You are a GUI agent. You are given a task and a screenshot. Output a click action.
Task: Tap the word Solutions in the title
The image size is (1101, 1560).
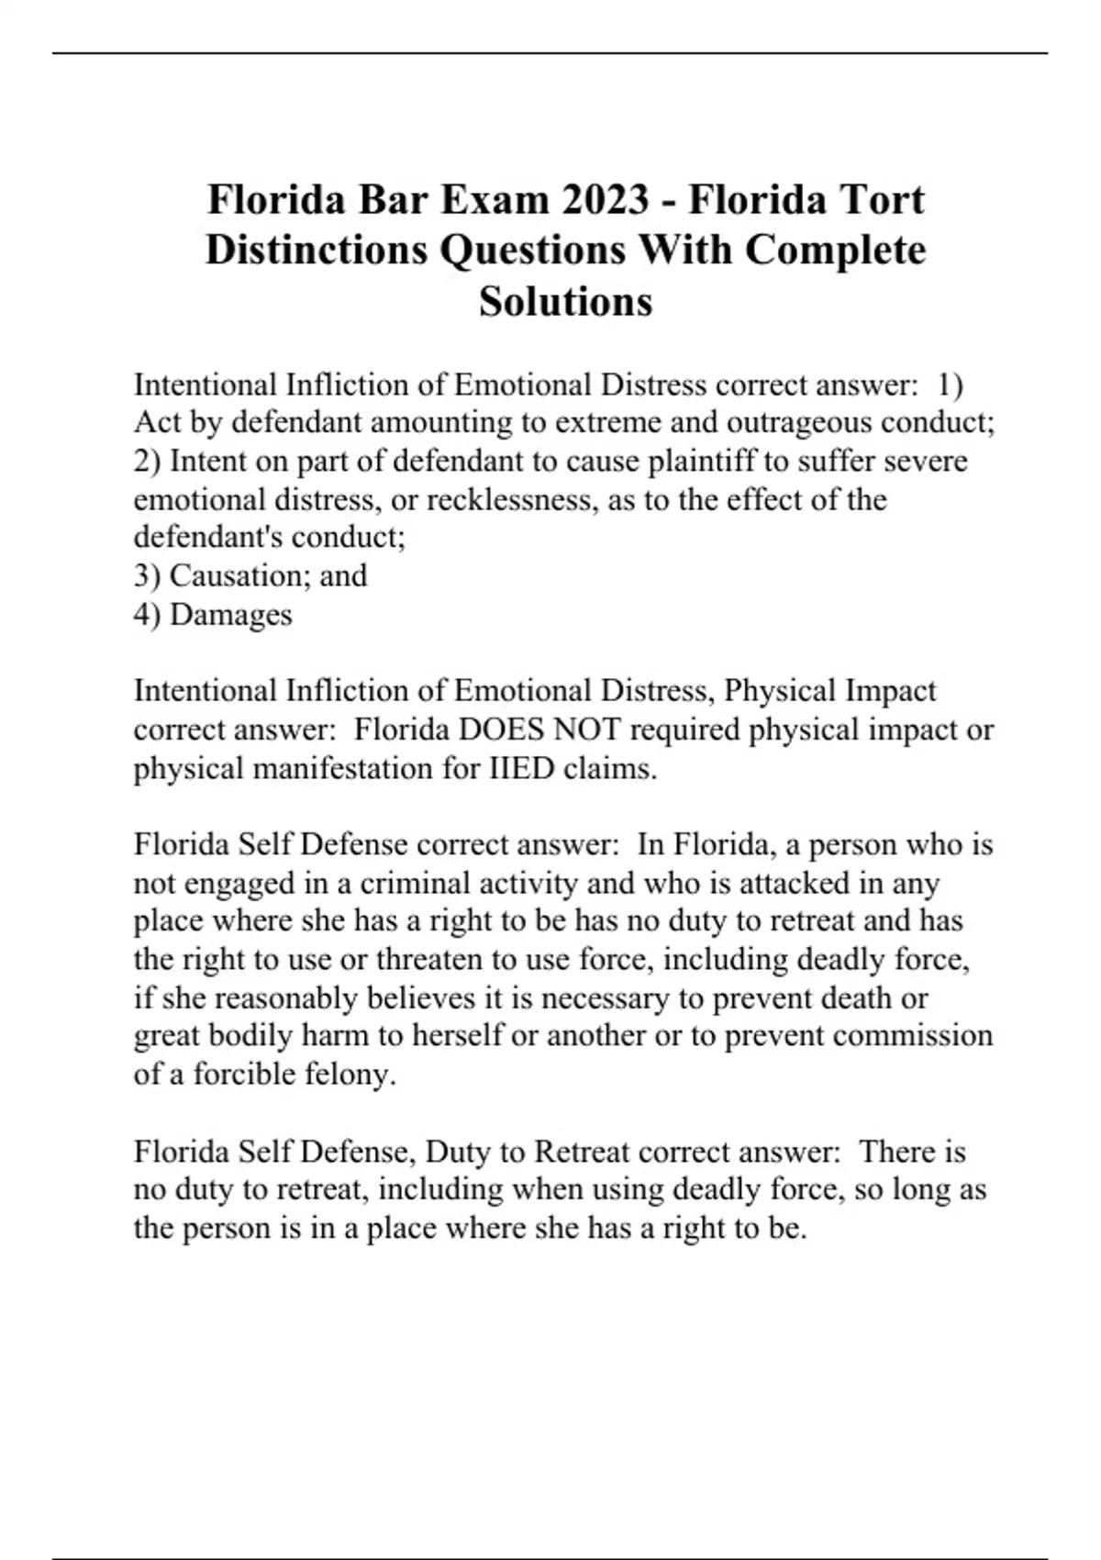(x=565, y=301)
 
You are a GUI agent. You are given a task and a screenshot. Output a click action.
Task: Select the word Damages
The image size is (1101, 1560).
(x=230, y=614)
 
